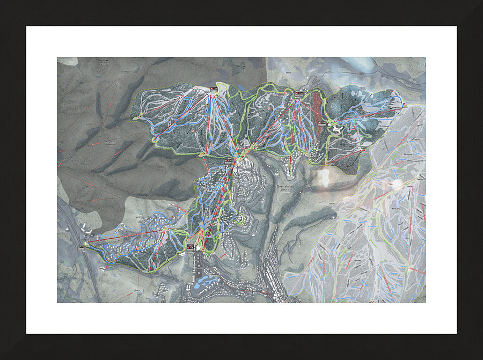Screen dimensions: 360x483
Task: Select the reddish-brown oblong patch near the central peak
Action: point(317,107)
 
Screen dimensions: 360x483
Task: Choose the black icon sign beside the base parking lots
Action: point(190,247)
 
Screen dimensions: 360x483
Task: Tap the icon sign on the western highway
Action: point(80,247)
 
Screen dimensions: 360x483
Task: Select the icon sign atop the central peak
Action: point(298,94)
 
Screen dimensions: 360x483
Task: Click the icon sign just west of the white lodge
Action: point(323,124)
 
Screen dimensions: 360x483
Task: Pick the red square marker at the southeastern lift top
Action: point(363,150)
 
